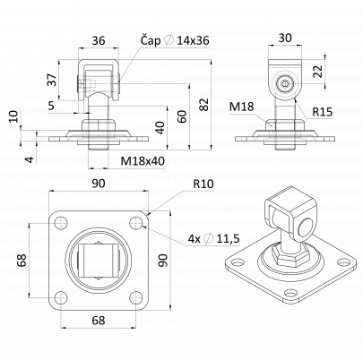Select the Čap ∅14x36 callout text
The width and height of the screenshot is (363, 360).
[x=176, y=41]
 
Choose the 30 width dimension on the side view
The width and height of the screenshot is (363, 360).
[x=285, y=39]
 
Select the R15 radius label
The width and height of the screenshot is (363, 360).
[x=324, y=113]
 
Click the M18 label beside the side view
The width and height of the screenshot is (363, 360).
[x=242, y=107]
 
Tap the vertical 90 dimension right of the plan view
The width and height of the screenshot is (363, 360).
[x=163, y=261]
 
